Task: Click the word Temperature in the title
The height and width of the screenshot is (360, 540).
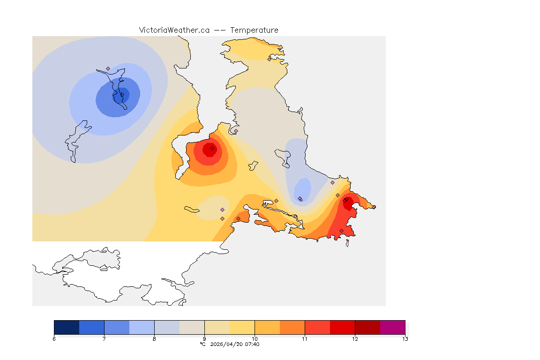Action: (x=254, y=30)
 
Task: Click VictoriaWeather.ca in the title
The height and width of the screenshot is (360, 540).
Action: (x=174, y=30)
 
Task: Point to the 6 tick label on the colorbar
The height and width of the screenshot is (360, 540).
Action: (x=54, y=339)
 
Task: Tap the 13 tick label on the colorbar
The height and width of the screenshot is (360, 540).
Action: (x=405, y=339)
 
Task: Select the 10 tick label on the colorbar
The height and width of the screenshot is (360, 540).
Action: (x=255, y=339)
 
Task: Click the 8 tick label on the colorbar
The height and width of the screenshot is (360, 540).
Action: (x=154, y=339)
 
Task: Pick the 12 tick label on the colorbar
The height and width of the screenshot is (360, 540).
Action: (x=355, y=339)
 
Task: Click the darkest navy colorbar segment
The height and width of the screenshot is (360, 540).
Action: (x=67, y=327)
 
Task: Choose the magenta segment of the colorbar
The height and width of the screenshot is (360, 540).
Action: (x=392, y=327)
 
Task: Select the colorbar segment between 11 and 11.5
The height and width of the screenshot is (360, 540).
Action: (x=317, y=327)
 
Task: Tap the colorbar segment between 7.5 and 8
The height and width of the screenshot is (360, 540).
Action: (x=142, y=327)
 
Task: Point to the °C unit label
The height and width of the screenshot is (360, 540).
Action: (x=202, y=345)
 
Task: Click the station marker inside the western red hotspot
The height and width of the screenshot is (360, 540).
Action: (x=212, y=148)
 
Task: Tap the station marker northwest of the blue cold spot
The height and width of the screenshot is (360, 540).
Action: (x=108, y=68)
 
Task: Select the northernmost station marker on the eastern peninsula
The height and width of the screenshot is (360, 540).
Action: (x=269, y=59)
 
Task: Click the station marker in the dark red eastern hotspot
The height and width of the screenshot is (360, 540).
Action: (x=345, y=200)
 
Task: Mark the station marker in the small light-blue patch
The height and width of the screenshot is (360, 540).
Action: (x=300, y=198)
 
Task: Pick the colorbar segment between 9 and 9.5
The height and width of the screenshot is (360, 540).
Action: (x=217, y=327)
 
